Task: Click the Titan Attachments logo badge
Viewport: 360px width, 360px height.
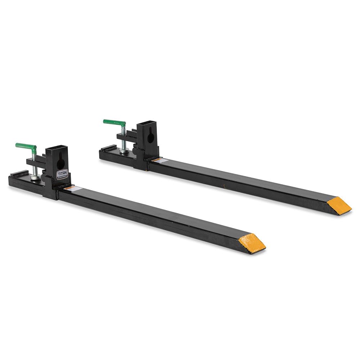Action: point(62,175)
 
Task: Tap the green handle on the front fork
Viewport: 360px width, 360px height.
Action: point(26,147)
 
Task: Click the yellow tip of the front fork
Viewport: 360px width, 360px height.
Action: point(252,243)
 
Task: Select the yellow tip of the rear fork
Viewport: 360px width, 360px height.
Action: point(339,206)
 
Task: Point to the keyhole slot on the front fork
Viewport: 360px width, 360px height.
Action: point(60,163)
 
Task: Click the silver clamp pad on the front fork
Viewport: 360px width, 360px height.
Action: point(35,177)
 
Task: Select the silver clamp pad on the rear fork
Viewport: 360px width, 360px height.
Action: point(124,152)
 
